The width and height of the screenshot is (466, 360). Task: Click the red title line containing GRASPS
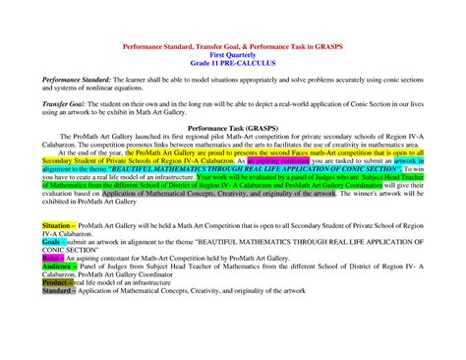coord(232,47)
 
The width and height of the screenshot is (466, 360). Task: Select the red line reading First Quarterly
coord(232,55)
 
